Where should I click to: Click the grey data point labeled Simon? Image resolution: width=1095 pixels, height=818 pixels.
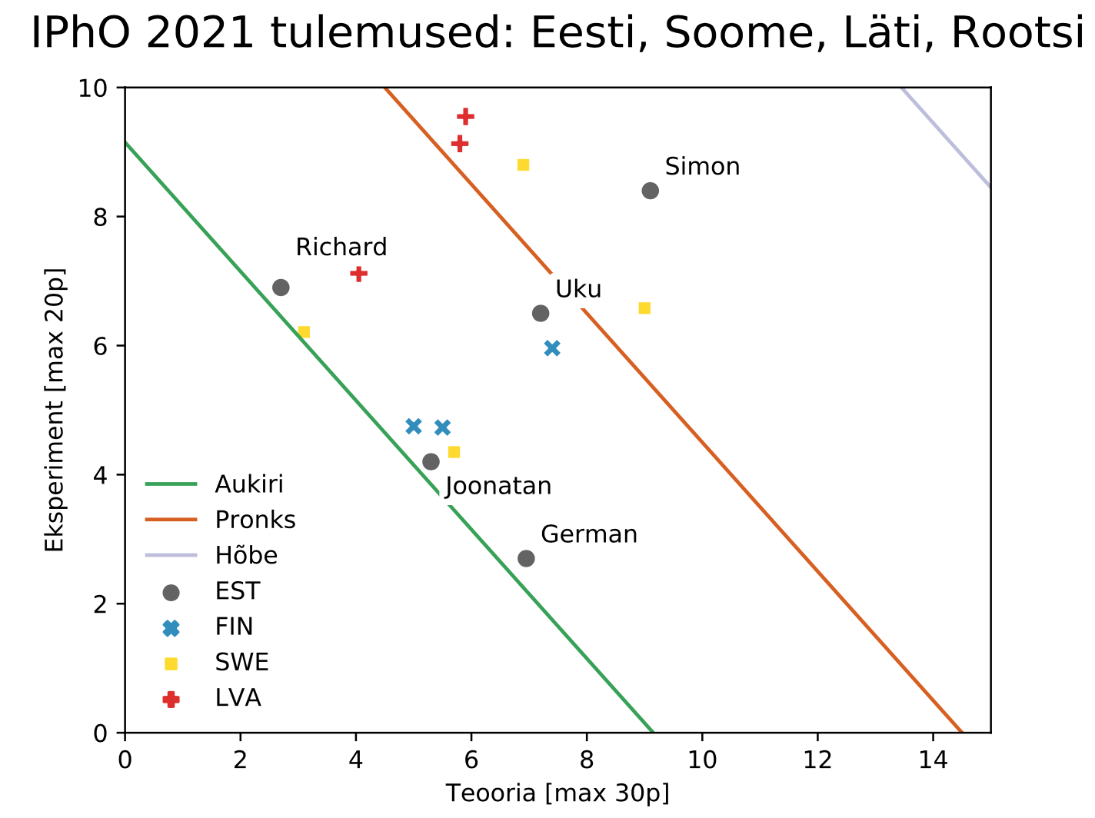click(x=650, y=191)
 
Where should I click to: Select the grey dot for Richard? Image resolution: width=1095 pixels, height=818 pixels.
click(x=281, y=288)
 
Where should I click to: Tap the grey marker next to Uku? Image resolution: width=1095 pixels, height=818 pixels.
click(x=541, y=314)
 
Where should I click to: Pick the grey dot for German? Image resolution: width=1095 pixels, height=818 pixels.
click(x=526, y=558)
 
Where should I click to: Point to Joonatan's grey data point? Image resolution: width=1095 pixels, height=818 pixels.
click(x=431, y=462)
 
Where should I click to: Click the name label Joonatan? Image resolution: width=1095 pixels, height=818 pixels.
click(x=498, y=487)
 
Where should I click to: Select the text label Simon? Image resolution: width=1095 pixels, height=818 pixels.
click(x=702, y=167)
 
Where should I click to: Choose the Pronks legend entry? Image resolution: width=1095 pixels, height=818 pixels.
click(x=255, y=520)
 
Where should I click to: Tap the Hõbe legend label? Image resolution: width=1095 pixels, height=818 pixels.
click(x=246, y=555)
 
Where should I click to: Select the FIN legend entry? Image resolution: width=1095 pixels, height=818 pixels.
click(x=234, y=627)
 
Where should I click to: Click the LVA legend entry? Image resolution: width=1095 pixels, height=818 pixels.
click(x=238, y=698)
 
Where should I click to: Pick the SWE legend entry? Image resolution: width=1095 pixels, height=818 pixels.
click(x=241, y=662)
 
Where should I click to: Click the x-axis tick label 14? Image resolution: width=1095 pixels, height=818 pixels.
click(x=933, y=760)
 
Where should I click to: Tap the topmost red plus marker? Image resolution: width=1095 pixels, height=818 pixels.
click(x=465, y=116)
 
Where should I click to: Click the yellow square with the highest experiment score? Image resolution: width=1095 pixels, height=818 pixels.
click(x=523, y=165)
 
